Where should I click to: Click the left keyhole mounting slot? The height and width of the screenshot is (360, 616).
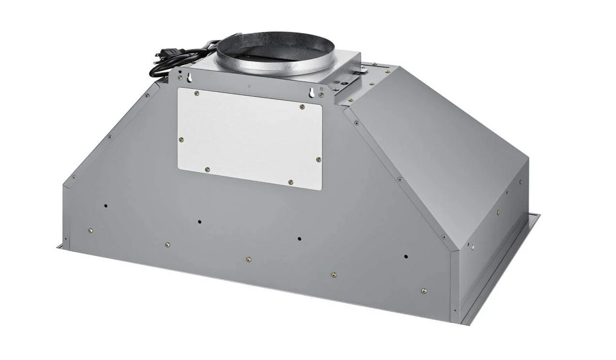pyautogui.click(x=190, y=77)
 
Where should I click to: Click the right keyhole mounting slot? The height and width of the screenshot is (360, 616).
pyautogui.click(x=312, y=93)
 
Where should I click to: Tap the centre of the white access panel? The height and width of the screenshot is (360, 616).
pyautogui.click(x=250, y=138)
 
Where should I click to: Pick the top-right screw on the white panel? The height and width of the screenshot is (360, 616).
pyautogui.click(x=302, y=107)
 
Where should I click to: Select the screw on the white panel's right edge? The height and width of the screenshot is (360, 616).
pyautogui.click(x=319, y=159)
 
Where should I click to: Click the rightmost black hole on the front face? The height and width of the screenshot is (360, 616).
pyautogui.click(x=406, y=256)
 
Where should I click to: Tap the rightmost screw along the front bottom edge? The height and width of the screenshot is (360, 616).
pyautogui.click(x=424, y=291)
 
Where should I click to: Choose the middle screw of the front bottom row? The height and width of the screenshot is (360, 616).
pyautogui.click(x=249, y=259)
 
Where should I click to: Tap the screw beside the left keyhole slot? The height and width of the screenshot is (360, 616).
pyautogui.click(x=181, y=78)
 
